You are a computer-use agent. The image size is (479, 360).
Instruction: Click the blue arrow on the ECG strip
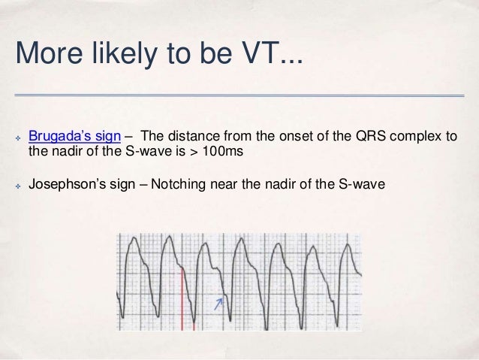[219, 302]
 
